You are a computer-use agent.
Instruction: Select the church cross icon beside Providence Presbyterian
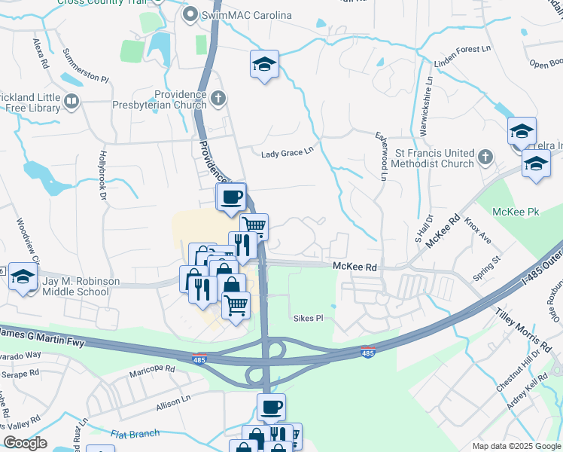(218, 97)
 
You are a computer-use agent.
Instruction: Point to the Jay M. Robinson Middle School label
(81, 286)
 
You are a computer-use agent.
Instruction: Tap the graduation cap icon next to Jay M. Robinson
(23, 278)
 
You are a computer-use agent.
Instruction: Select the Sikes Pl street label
(308, 318)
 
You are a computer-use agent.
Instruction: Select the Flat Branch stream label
(135, 433)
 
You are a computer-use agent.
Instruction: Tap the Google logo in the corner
(24, 443)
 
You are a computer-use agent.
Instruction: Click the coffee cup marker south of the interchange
(272, 407)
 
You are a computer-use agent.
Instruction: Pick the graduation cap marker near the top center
(264, 64)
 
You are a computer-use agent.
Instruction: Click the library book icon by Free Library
(72, 101)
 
